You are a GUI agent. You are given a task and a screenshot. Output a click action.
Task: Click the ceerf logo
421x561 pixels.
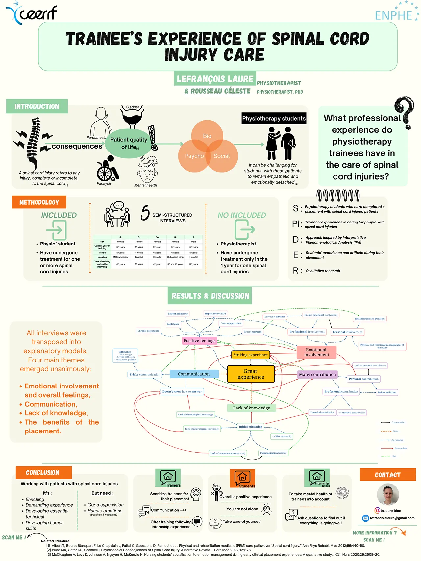32,13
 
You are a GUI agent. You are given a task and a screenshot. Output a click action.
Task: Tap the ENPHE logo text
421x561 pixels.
393,15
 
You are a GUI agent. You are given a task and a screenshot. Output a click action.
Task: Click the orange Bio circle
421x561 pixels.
207,136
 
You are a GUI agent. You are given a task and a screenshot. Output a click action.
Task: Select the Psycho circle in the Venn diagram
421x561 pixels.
194,156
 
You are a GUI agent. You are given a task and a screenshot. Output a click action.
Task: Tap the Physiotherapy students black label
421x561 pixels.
274,119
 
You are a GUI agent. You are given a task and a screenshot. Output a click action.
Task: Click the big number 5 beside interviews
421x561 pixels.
145,213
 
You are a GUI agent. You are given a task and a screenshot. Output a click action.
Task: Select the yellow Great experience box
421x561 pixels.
251,374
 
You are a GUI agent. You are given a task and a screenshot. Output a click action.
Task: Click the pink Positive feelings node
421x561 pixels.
199,341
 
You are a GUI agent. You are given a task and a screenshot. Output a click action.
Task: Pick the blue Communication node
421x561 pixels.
194,374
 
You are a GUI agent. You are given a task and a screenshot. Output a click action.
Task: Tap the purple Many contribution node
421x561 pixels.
317,374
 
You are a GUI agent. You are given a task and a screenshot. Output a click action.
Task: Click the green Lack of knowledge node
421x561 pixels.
251,408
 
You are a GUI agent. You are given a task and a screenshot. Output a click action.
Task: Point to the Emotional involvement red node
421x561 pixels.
316,352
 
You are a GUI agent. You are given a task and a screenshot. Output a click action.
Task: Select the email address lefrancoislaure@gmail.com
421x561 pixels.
392,518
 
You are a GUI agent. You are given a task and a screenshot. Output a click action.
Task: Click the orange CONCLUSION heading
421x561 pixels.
43,473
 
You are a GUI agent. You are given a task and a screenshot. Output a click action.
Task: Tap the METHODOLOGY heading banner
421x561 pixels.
39,202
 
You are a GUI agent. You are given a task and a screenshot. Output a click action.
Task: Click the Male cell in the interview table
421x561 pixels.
193,242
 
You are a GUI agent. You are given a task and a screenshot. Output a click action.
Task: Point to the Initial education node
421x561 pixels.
251,427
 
